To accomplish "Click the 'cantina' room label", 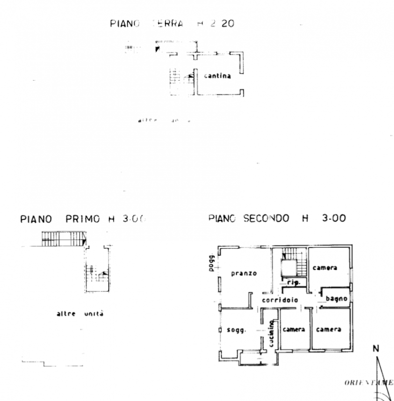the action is coord(217,76).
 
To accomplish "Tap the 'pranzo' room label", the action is coord(244,274).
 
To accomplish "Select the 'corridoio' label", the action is coord(280,300).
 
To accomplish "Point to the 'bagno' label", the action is coord(336,299).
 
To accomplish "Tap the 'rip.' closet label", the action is coord(294,283).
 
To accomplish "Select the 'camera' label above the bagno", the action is coord(325,268).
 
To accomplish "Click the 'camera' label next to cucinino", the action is coord(294,329).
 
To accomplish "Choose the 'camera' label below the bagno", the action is coord(328,329).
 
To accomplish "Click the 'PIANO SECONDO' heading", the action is coord(249,219).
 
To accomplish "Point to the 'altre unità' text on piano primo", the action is coord(80,314).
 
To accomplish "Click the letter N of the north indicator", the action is coord(375,348).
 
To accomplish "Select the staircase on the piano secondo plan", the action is coord(294,262).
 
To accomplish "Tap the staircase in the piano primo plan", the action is coord(97,273).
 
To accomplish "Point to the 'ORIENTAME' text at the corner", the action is coord(369,382).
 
